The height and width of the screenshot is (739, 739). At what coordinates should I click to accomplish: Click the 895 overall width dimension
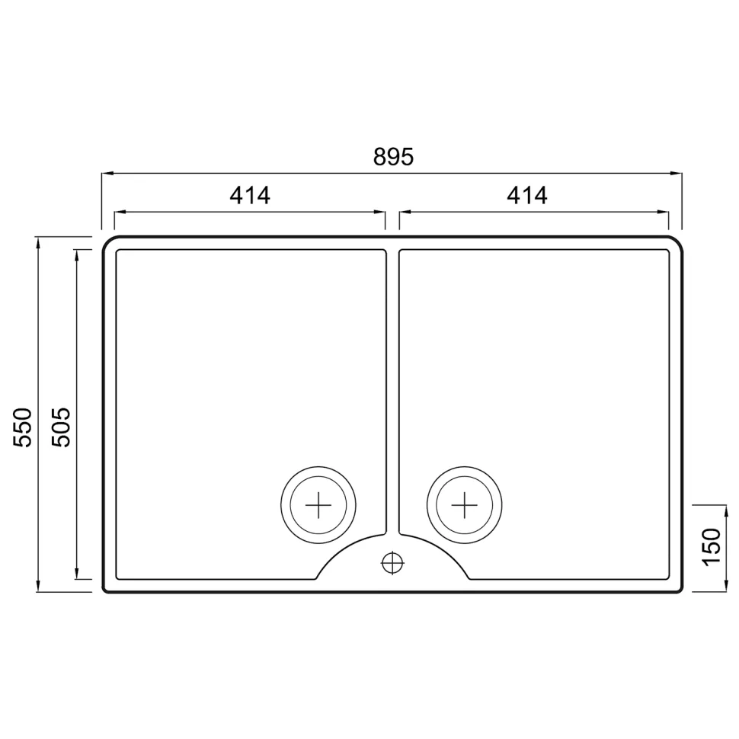[393, 157]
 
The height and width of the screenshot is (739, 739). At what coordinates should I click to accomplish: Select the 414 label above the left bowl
[250, 196]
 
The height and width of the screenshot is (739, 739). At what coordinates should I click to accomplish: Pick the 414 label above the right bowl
[527, 196]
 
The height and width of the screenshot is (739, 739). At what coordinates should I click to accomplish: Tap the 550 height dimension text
[22, 427]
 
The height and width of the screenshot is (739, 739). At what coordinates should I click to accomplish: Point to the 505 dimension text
[61, 427]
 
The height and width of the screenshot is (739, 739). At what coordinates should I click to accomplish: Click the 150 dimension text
[712, 547]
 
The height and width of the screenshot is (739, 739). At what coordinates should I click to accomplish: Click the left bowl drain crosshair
[318, 505]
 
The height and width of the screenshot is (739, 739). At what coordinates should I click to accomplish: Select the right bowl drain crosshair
[464, 505]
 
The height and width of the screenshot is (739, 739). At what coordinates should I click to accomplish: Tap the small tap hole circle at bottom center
[392, 562]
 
